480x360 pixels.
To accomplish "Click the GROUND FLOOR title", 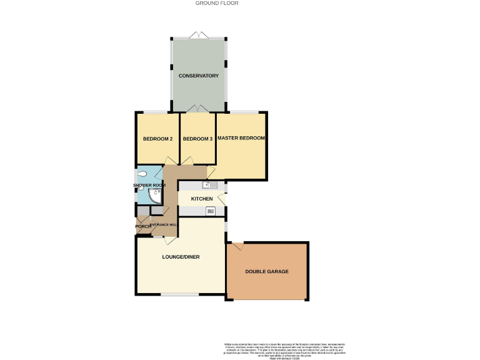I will click(217, 3).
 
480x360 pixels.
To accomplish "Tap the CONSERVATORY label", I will click(198, 76).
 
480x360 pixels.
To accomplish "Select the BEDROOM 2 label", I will click(157, 139).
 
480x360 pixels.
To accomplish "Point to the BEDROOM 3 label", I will click(198, 139).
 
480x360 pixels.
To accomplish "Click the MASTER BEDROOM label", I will click(241, 137).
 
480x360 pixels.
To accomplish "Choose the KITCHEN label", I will click(202, 199).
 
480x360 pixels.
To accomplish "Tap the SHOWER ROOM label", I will click(149, 186).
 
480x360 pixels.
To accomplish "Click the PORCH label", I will click(143, 226).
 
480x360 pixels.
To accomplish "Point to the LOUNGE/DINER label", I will click(181, 256).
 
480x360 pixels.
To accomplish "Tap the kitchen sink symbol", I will click(209, 185).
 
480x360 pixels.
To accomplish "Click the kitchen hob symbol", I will click(211, 211).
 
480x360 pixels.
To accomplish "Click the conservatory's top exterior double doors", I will click(198, 34).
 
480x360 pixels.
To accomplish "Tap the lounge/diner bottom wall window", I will click(179, 294).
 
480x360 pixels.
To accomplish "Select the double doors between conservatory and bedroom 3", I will click(198, 109).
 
